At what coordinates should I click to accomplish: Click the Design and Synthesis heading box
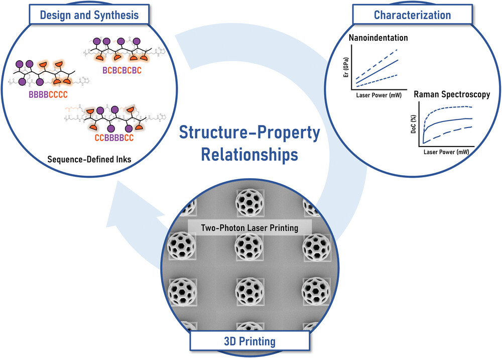click(x=89, y=15)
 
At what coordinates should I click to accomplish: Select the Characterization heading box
click(x=413, y=15)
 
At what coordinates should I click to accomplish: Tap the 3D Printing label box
click(x=249, y=342)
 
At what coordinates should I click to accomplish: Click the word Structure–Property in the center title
click(x=249, y=134)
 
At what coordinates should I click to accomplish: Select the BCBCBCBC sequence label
click(x=122, y=71)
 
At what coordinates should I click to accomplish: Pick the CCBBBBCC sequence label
click(x=105, y=137)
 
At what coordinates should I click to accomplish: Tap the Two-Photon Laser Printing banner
click(x=249, y=227)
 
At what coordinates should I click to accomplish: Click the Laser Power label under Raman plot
click(x=446, y=152)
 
